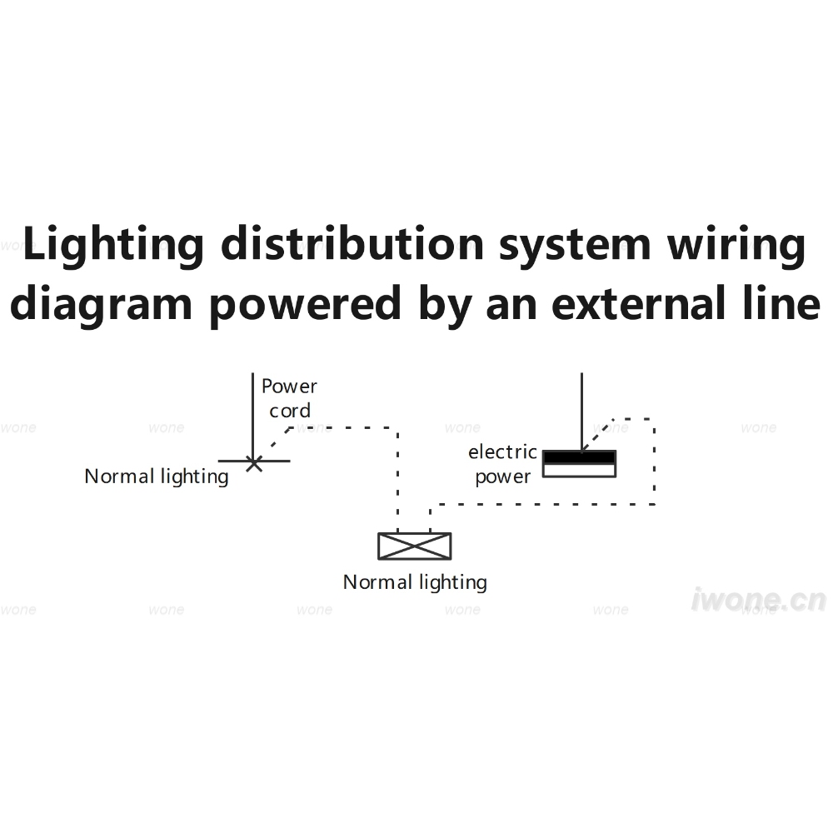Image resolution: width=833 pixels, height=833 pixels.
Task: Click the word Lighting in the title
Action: pos(113,245)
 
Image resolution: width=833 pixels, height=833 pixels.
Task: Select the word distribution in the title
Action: pos(352,244)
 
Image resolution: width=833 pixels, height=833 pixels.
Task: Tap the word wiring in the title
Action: pos(736,245)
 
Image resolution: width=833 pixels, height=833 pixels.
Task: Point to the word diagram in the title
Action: pos(101,304)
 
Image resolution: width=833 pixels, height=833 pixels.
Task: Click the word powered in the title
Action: pos(304,304)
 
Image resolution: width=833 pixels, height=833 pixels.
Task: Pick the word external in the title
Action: pos(639,303)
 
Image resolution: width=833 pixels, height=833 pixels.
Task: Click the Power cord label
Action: pos(289,398)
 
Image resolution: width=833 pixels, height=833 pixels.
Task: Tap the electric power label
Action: pos(502,464)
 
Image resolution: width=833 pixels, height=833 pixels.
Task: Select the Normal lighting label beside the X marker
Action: pos(157,476)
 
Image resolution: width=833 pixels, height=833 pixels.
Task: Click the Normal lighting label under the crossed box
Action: pos(415,582)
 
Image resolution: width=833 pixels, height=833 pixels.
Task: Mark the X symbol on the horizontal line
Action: pos(254,463)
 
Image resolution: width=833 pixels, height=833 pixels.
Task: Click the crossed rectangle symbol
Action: pos(414,546)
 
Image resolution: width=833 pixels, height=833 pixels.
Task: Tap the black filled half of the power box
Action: pos(579,456)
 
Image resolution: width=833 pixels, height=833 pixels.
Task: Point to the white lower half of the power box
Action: pos(579,470)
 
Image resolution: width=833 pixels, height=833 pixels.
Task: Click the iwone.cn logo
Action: pos(759,600)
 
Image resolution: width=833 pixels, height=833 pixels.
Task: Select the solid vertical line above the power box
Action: pos(581,412)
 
